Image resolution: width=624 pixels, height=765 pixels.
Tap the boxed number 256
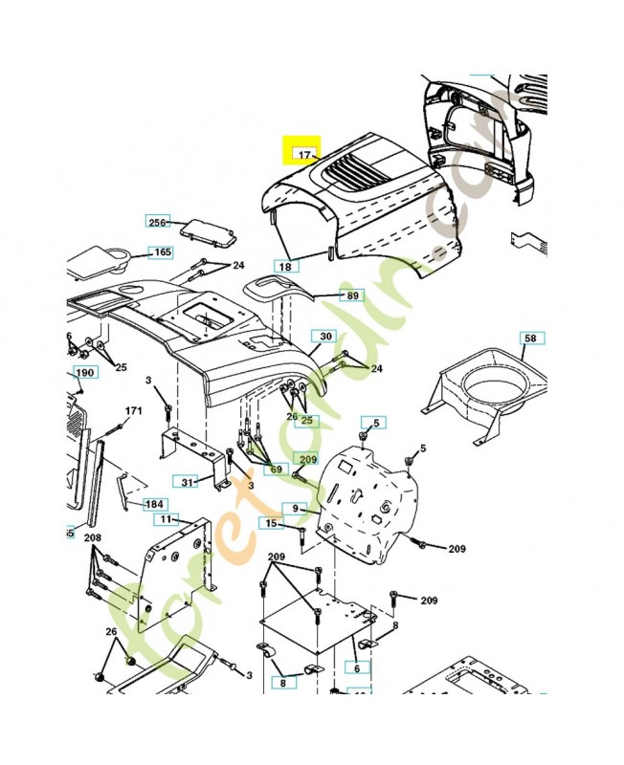tap(157, 222)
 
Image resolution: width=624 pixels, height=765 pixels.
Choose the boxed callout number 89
tap(353, 296)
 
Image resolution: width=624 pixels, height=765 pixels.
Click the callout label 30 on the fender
tap(325, 337)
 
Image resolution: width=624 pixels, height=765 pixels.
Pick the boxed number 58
tap(529, 339)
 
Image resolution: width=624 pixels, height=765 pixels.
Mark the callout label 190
tap(85, 372)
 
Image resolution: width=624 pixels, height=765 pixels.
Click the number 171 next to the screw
tap(133, 411)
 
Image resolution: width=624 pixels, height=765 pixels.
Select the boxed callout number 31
tap(188, 481)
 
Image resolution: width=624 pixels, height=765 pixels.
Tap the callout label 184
tap(153, 504)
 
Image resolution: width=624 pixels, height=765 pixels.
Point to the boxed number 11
tap(167, 519)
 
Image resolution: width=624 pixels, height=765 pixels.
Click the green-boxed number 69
tap(276, 470)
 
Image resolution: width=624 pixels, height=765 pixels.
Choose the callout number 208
tap(92, 539)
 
